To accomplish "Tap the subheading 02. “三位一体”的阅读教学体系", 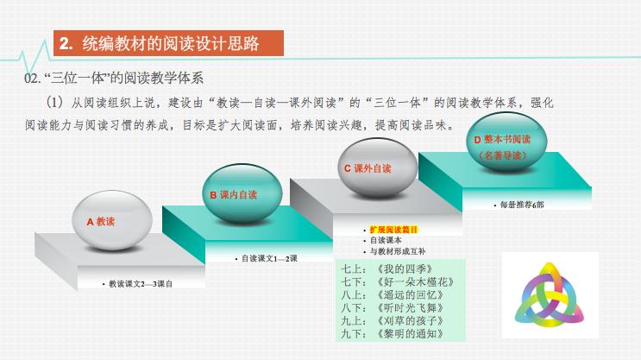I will pyautogui.click(x=115, y=79).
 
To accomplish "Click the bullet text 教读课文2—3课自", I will pyautogui.click(x=139, y=283).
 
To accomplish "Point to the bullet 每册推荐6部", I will pyautogui.click(x=520, y=205).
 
